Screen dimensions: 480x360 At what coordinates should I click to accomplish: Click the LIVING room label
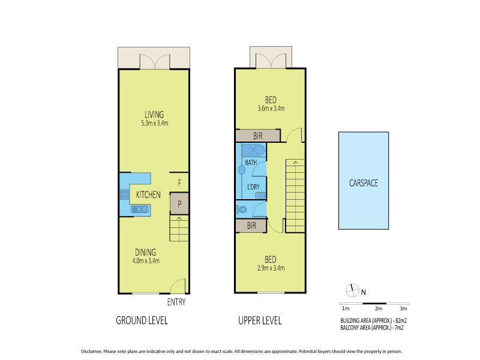tap(154, 115)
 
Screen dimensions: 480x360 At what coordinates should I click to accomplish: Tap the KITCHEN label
tap(148, 194)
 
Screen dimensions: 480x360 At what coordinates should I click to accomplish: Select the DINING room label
tap(146, 252)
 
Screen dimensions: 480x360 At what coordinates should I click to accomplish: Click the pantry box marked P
tap(179, 203)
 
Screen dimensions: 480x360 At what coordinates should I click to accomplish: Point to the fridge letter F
tap(179, 183)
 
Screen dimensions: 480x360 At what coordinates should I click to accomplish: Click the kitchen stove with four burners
tap(124, 194)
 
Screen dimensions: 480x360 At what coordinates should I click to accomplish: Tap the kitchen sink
tap(140, 209)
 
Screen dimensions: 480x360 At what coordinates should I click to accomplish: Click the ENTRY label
tap(176, 302)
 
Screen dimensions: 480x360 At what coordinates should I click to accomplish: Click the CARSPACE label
tap(364, 183)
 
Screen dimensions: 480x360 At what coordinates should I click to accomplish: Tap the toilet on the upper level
tap(242, 209)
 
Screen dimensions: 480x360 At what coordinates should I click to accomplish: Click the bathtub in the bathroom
tap(251, 151)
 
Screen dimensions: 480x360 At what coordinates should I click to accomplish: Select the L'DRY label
tap(253, 187)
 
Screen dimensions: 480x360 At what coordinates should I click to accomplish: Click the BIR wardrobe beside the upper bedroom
tap(258, 136)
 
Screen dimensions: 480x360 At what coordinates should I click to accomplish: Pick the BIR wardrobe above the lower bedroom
tap(251, 226)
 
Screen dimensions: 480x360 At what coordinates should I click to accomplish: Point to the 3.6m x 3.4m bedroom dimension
tap(271, 109)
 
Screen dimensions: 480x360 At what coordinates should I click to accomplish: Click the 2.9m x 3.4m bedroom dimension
tap(271, 268)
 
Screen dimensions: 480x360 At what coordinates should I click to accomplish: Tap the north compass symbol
tap(352, 290)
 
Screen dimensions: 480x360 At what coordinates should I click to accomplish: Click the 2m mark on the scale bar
tap(379, 308)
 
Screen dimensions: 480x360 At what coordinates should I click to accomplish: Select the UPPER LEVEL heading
tap(260, 320)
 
